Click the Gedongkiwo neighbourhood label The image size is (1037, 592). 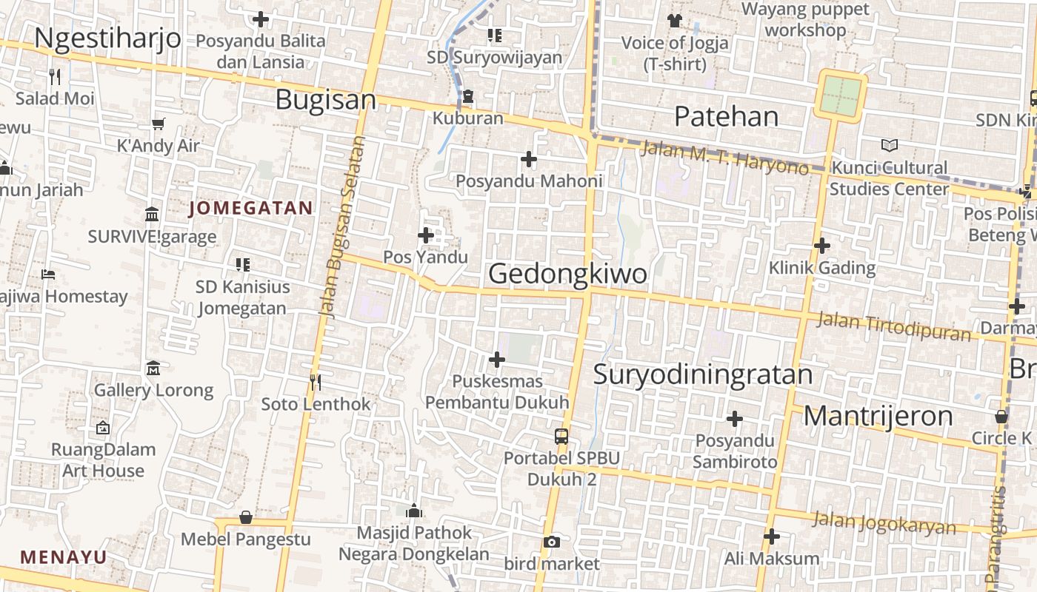(567, 274)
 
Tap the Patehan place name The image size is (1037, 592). (727, 116)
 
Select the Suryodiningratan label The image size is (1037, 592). (703, 374)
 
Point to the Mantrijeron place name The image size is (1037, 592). (878, 416)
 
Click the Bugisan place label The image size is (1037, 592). (326, 100)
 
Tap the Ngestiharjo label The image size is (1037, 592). (107, 38)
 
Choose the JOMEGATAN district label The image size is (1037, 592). (250, 209)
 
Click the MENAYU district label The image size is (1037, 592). (64, 557)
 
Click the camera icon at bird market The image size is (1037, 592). (551, 542)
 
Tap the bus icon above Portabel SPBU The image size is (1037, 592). (561, 436)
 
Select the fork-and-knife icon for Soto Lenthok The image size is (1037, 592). (316, 382)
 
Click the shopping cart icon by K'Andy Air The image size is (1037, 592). (158, 124)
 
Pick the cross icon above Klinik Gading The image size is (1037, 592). (821, 246)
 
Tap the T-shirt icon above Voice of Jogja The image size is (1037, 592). (674, 20)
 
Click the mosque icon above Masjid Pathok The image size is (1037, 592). (414, 511)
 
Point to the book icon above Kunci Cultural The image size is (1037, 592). (889, 145)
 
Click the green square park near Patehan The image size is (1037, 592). (841, 95)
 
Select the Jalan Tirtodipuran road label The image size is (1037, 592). (893, 326)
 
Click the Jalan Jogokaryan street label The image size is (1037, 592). (884, 523)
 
